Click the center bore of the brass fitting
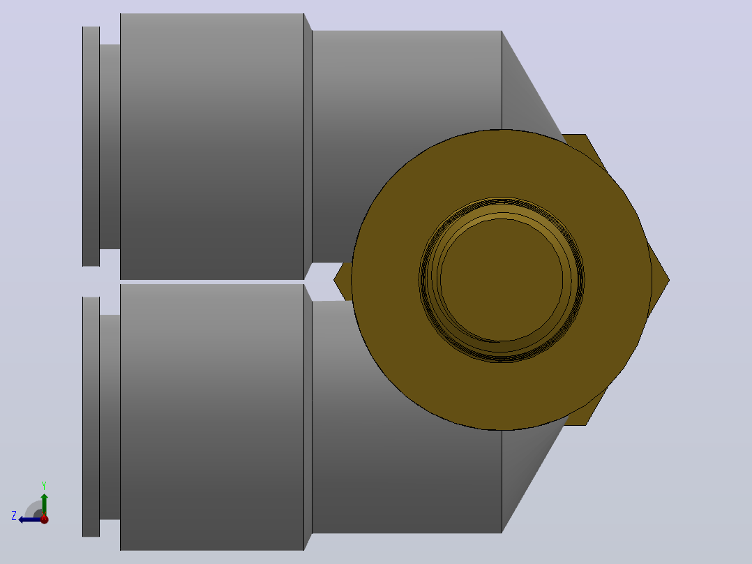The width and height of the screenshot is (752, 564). pyautogui.click(x=502, y=280)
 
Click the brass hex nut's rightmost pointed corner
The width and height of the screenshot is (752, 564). pyautogui.click(x=668, y=281)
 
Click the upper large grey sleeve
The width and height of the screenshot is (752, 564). pyautogui.click(x=212, y=147)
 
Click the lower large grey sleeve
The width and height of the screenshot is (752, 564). pyautogui.click(x=212, y=417)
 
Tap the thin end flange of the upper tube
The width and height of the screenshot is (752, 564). pyautogui.click(x=91, y=147)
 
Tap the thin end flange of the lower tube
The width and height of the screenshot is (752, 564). pyautogui.click(x=91, y=417)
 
